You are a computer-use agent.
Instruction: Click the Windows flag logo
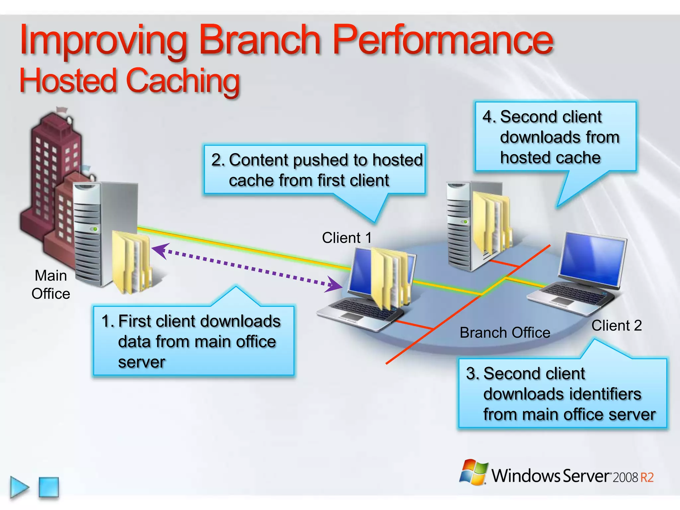[473, 472]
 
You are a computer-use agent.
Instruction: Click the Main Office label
[51, 285]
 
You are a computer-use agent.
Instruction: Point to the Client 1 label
[347, 238]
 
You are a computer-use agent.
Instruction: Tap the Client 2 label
[616, 326]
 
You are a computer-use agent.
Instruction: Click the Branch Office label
[505, 333]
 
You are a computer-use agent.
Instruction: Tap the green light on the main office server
[95, 229]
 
